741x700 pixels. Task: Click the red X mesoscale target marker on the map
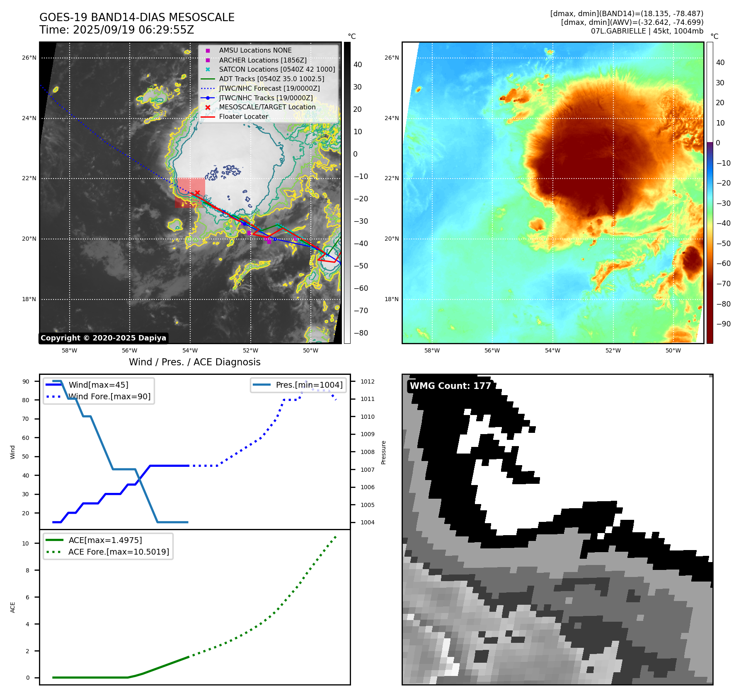pos(197,193)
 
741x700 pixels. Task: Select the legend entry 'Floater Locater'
pos(243,117)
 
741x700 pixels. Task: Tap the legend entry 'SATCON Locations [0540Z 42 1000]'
pos(277,70)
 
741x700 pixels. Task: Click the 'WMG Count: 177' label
pos(450,386)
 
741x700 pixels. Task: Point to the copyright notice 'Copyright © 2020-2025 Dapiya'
pos(103,338)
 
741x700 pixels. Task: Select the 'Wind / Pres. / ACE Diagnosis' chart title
pos(195,362)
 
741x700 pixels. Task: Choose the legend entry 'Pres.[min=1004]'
pos(309,385)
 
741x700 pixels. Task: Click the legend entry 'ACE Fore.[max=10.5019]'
pos(119,552)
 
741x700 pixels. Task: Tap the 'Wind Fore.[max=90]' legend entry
pos(109,397)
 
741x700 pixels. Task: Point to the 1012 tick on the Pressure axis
pos(367,381)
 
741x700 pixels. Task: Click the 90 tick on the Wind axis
pos(26,381)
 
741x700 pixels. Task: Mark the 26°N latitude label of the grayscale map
pos(29,58)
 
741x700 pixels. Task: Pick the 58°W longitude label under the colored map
pos(432,351)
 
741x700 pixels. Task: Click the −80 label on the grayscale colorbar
pos(361,333)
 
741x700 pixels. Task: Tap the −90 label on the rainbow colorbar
pos(723,324)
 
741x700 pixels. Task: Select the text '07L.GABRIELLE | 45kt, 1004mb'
pos(647,31)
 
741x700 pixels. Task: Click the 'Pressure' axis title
pos(384,452)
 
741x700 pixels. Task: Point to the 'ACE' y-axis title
pos(13,607)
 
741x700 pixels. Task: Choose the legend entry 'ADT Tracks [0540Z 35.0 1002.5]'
pos(271,79)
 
